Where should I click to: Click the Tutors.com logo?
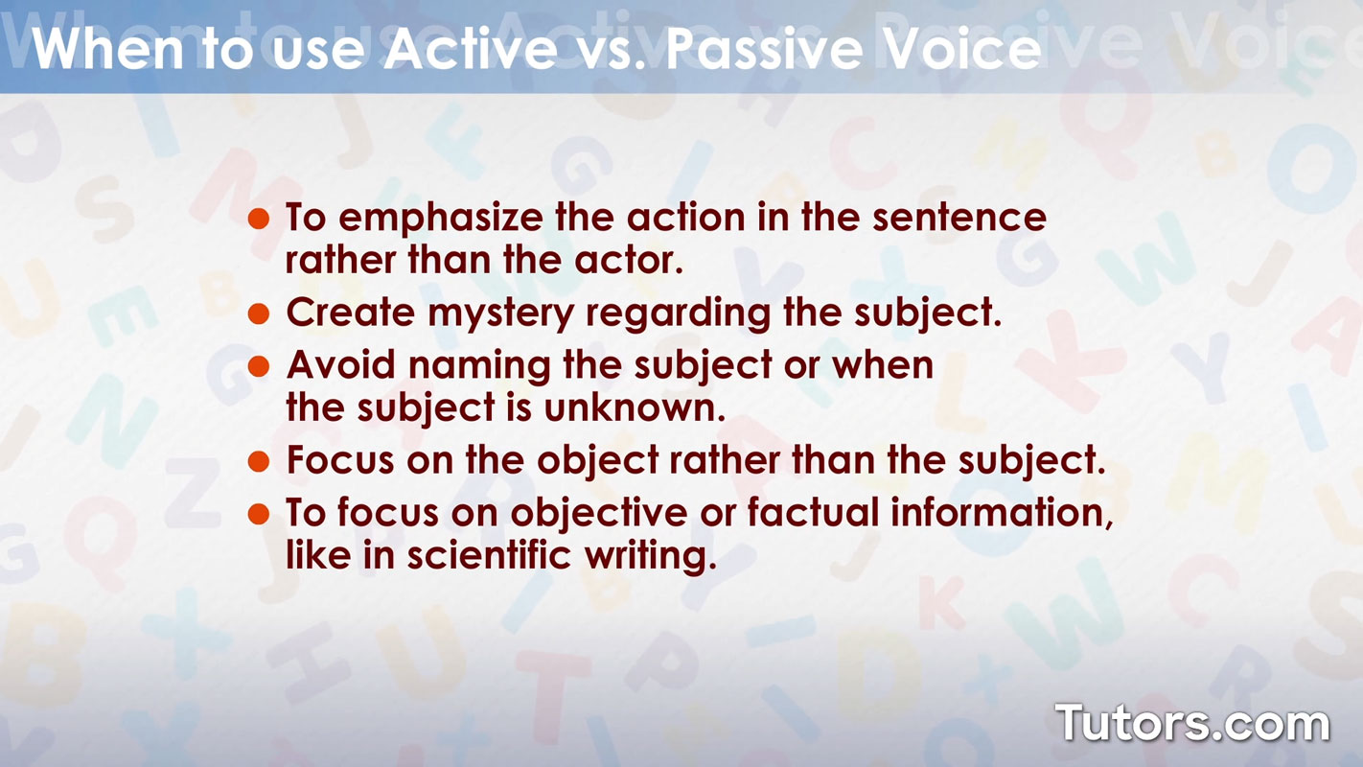[x=1192, y=723]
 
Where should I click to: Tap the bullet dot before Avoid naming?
[x=258, y=366]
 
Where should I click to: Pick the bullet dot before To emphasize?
[x=258, y=219]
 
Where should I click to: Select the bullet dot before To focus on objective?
[x=258, y=514]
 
